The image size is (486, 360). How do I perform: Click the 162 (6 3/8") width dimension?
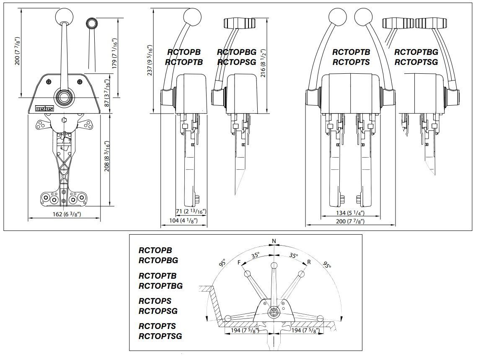[64, 214]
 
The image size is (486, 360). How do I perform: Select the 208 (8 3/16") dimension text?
[108, 155]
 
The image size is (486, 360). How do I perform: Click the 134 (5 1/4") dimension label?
[351, 213]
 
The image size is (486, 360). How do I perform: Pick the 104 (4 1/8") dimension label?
[184, 220]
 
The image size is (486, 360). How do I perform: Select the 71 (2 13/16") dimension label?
[191, 211]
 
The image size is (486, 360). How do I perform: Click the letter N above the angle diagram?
[274, 241]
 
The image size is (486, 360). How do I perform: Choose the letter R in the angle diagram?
[309, 262]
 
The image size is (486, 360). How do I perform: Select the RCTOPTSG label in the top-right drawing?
[416, 62]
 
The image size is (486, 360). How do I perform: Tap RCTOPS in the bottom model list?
[155, 301]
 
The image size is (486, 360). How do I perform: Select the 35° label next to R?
[293, 255]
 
